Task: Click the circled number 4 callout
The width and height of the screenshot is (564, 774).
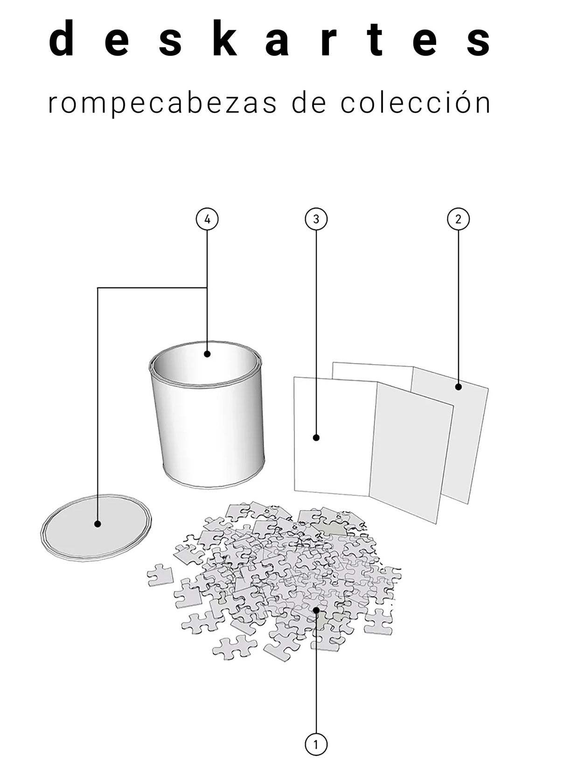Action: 207,219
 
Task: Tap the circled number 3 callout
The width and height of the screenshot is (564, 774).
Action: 316,219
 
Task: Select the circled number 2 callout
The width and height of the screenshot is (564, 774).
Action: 458,219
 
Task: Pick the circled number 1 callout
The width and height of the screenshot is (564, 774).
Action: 316,744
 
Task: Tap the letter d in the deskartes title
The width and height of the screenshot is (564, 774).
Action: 62,38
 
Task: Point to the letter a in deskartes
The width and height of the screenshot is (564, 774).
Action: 277,42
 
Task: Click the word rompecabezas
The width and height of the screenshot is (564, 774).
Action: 162,103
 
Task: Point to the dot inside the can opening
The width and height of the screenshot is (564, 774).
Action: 207,354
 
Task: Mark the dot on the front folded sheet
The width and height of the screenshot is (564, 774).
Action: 316,437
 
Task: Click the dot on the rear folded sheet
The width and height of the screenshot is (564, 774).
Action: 458,387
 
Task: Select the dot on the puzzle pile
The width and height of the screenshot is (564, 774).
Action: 316,610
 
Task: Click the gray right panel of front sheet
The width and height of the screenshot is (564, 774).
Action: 411,453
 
